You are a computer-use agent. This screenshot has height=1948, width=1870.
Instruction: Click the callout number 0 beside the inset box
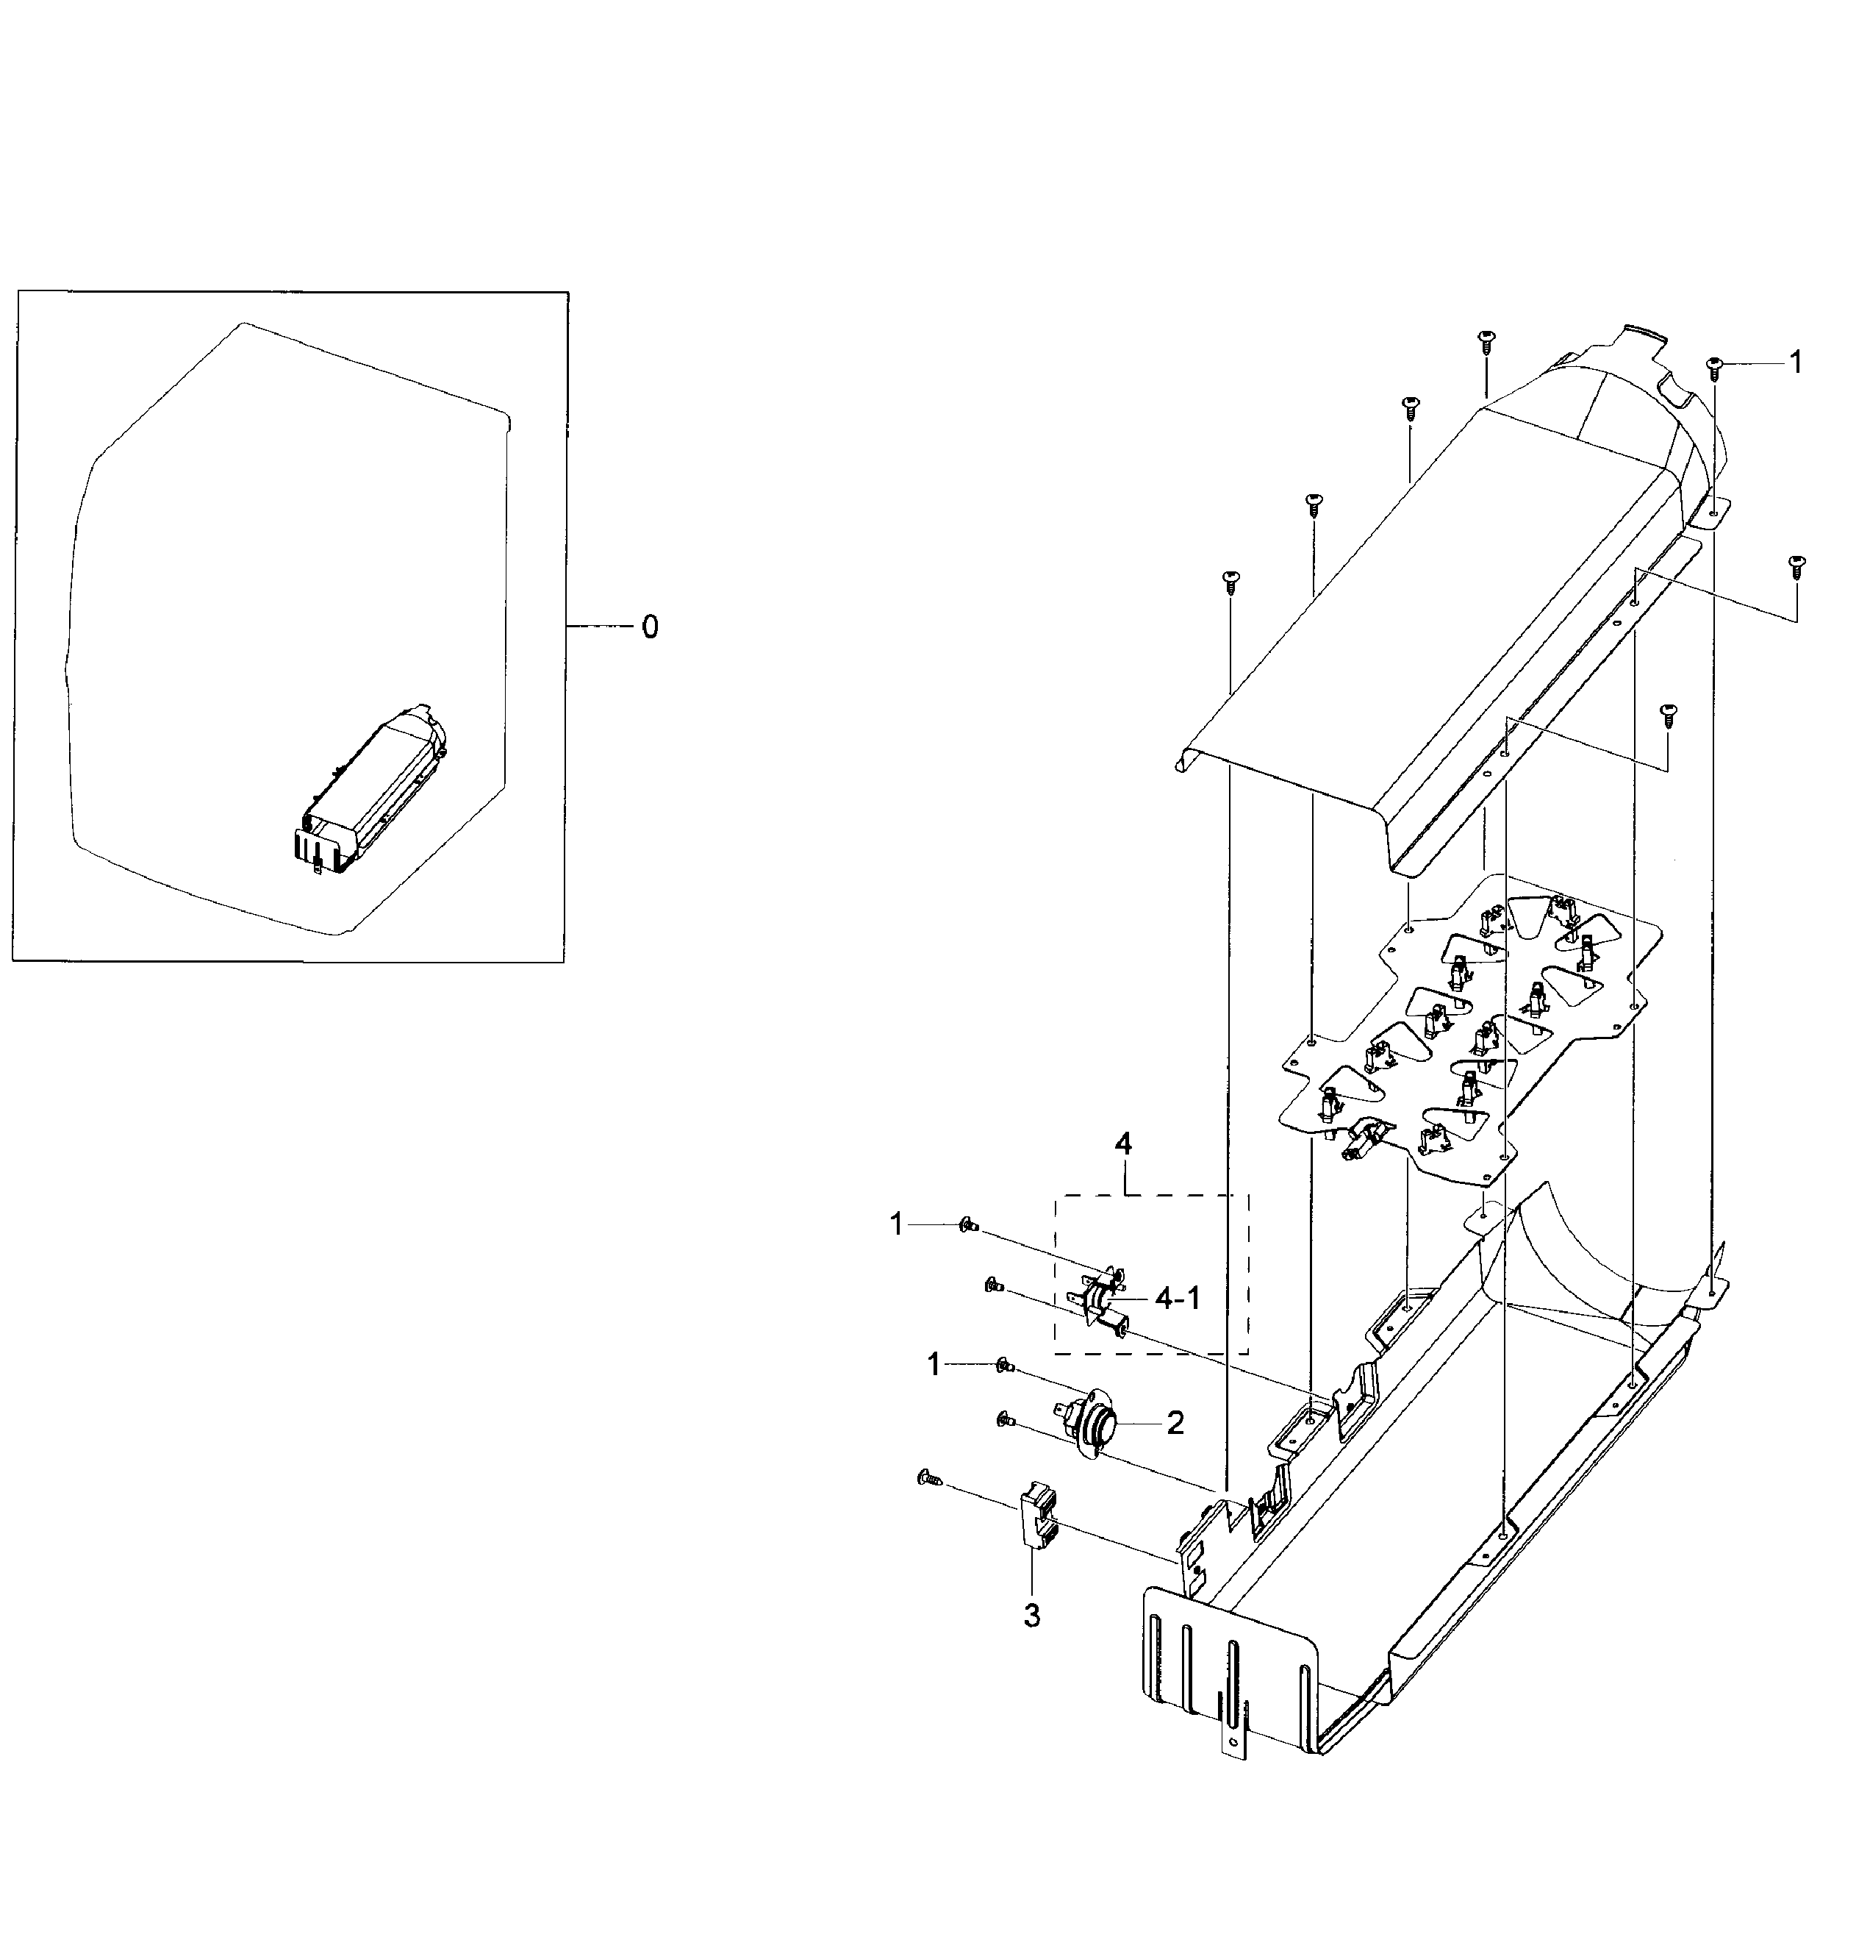point(649,627)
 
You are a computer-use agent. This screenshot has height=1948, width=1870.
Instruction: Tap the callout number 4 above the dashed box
point(1122,1144)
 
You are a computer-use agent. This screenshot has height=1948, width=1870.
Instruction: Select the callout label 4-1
point(1178,1298)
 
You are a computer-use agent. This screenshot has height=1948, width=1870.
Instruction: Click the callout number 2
point(1175,1423)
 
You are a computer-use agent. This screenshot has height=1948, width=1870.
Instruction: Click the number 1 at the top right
point(1794,363)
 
